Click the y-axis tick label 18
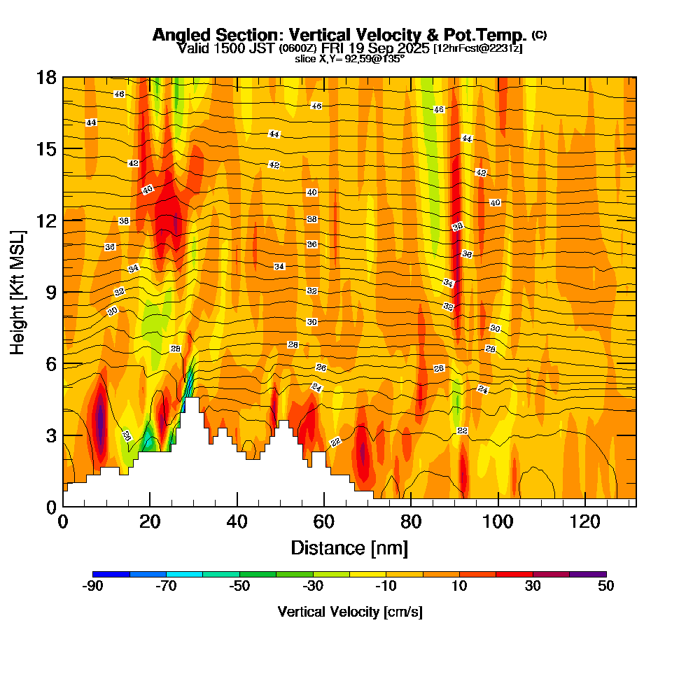coord(46,78)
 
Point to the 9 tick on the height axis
coord(50,292)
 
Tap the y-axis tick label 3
coord(50,435)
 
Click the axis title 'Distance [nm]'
coord(349,547)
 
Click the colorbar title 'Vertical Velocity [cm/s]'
coord(349,612)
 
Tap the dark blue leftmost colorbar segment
coord(111,574)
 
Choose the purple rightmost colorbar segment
coord(588,574)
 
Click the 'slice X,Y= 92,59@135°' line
coord(349,59)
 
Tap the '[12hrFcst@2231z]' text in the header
coord(478,48)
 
